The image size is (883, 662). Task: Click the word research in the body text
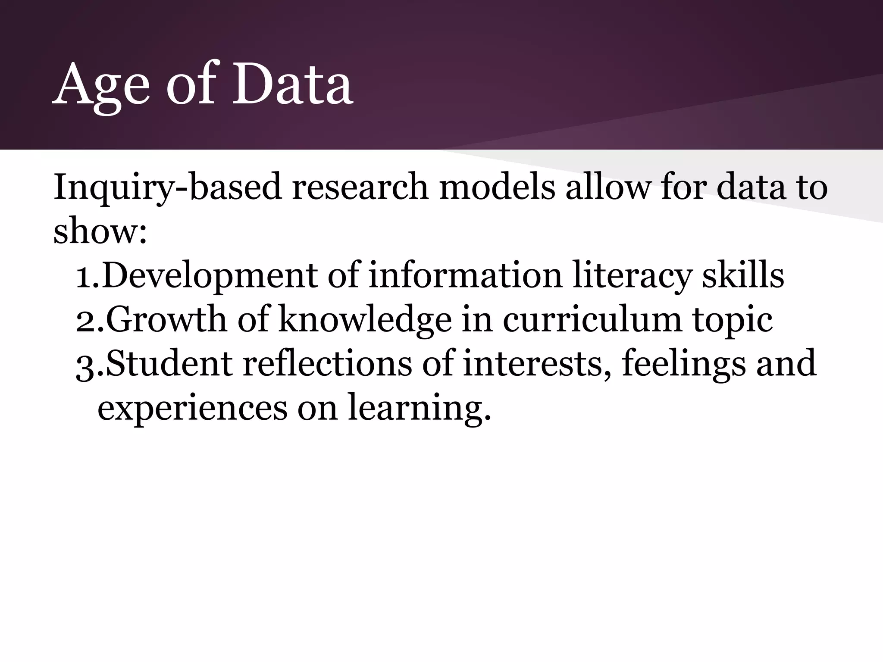[360, 187]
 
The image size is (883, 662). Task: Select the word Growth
[166, 320]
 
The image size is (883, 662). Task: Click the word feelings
[683, 365]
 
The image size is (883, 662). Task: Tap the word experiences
[192, 409]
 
